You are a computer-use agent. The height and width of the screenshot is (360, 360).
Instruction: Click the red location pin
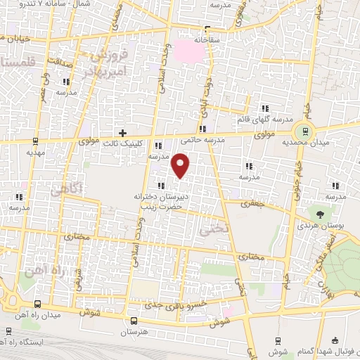point(181,165)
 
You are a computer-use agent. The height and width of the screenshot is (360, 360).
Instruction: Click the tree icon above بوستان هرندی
point(321,213)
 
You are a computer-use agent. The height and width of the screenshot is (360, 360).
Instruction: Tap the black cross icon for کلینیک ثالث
point(123,132)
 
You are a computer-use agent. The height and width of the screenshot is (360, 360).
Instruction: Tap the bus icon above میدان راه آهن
point(37,304)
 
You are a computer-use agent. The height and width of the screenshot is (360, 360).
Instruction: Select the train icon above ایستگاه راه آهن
point(8,331)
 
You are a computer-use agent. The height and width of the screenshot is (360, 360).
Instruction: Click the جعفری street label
point(251,204)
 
